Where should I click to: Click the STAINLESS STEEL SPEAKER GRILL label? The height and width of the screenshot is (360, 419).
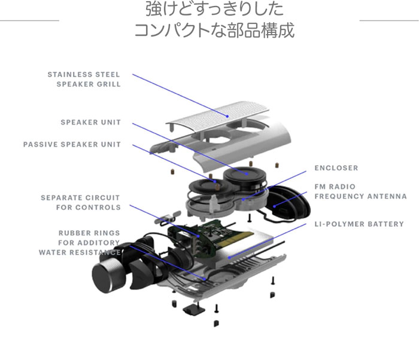click(84, 80)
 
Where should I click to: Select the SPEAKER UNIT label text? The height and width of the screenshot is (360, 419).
click(90, 123)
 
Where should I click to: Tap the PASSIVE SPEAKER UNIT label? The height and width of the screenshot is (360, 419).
click(72, 145)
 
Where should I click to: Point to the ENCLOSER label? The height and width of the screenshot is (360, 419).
click(336, 168)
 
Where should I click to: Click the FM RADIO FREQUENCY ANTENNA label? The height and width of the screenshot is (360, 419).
click(360, 191)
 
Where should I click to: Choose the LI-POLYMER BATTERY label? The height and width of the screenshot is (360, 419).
click(359, 224)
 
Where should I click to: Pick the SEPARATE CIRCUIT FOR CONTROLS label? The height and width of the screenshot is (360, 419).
click(80, 203)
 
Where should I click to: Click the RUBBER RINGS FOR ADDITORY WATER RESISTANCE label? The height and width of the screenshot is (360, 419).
click(80, 243)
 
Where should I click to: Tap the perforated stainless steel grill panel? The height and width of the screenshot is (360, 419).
click(218, 117)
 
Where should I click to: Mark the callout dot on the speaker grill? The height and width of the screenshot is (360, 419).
click(227, 116)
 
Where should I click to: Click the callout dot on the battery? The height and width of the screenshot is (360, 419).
click(229, 258)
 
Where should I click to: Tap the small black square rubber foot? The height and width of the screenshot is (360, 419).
click(194, 310)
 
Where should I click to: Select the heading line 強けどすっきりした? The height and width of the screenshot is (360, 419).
click(214, 8)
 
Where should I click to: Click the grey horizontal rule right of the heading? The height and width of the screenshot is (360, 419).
click(389, 20)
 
